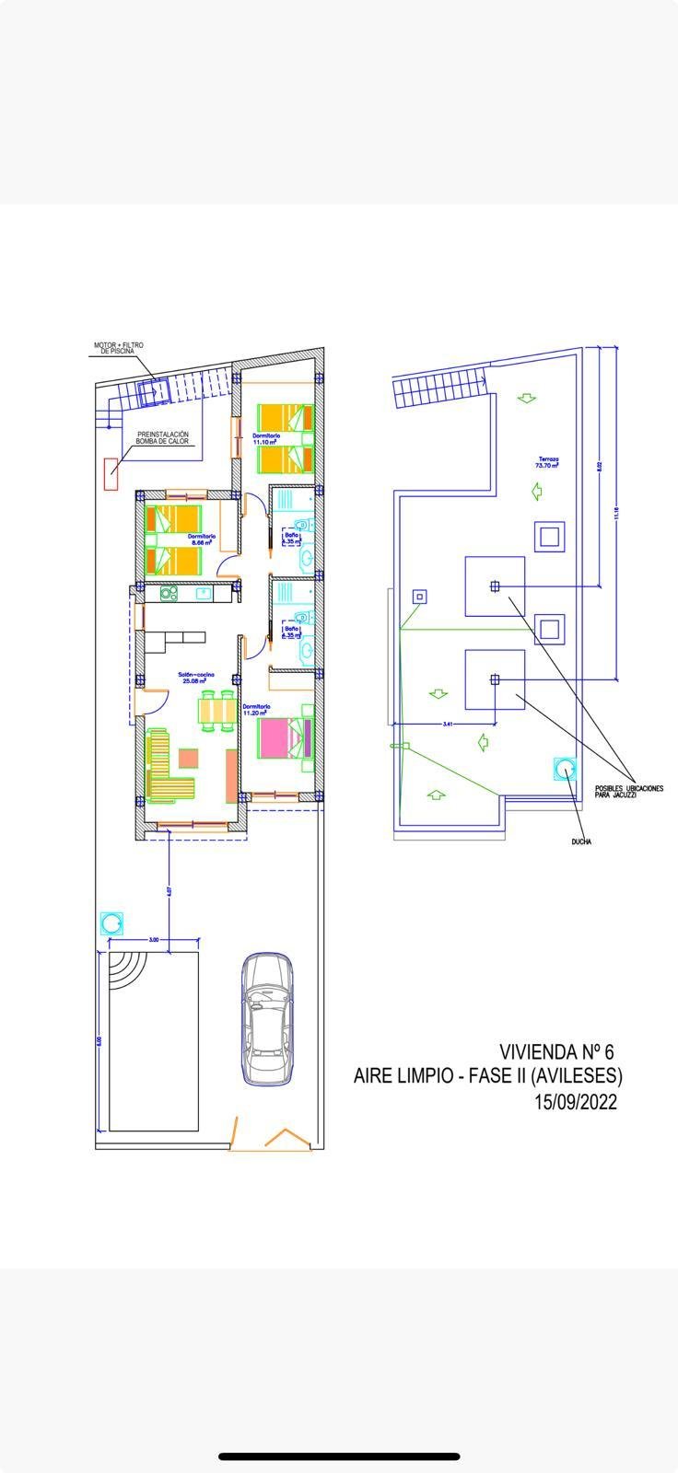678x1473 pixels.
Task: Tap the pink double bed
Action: [x=285, y=737]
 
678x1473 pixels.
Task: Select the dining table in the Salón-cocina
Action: [x=216, y=713]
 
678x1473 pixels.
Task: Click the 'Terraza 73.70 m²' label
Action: [x=548, y=462]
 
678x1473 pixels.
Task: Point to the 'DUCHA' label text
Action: [x=580, y=841]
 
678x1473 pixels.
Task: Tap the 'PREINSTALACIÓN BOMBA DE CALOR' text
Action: [x=163, y=438]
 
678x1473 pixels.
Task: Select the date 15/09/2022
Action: [x=575, y=1101]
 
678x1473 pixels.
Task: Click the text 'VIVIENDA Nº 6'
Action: [x=555, y=1050]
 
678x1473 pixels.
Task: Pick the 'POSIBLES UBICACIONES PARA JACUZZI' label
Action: [x=628, y=791]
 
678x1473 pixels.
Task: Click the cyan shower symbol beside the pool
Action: [x=112, y=922]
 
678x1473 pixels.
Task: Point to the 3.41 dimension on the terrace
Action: [x=447, y=725]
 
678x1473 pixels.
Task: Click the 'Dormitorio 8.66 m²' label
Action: [x=202, y=539]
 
